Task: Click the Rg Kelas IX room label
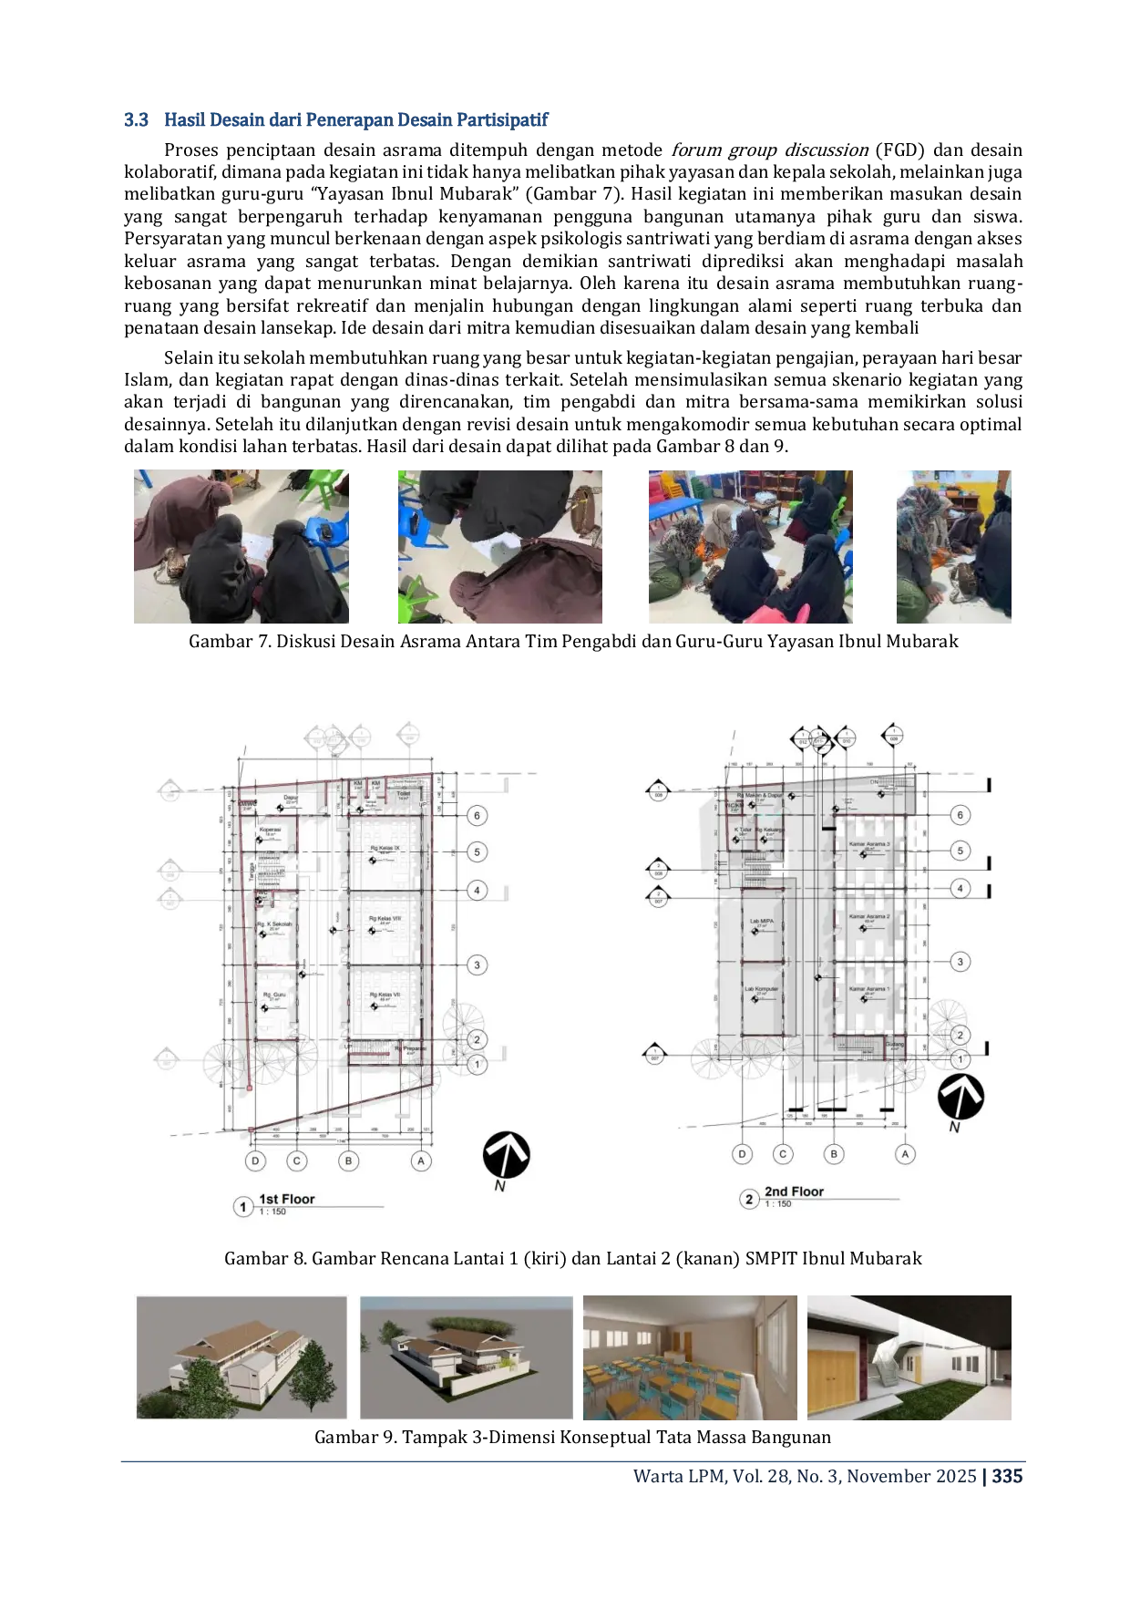point(384,848)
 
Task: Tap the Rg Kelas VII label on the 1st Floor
point(384,995)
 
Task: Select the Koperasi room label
point(270,830)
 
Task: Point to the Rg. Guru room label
point(273,995)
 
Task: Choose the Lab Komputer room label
point(761,989)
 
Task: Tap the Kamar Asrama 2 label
point(868,916)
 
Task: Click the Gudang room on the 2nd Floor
point(895,1044)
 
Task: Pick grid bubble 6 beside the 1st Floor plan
point(477,815)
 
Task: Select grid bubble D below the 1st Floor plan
point(255,1161)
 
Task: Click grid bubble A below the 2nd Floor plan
point(905,1153)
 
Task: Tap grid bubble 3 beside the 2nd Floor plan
point(960,961)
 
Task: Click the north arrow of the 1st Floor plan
point(506,1156)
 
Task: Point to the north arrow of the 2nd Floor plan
point(960,1097)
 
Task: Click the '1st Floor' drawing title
point(286,1199)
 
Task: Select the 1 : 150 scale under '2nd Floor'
point(778,1204)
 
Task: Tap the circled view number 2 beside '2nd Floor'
point(749,1198)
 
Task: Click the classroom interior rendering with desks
point(692,1356)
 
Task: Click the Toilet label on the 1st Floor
point(403,793)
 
